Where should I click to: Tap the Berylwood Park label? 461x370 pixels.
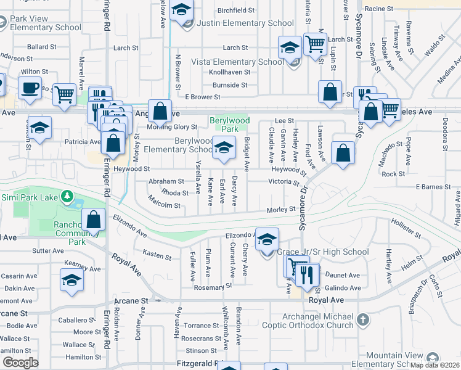click(x=224, y=125)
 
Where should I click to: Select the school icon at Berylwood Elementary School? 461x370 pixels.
click(x=224, y=147)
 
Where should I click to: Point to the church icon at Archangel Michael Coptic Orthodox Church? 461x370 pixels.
click(x=363, y=320)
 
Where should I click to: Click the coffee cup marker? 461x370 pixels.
click(x=30, y=87)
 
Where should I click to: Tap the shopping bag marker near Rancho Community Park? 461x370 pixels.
click(x=93, y=219)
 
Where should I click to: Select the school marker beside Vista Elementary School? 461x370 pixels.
click(x=290, y=47)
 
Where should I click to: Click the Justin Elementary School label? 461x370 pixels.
click(x=245, y=23)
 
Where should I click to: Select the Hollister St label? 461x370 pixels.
click(x=407, y=228)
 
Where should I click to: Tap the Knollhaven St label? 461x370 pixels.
click(x=229, y=72)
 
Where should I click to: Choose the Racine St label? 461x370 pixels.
click(x=378, y=9)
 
